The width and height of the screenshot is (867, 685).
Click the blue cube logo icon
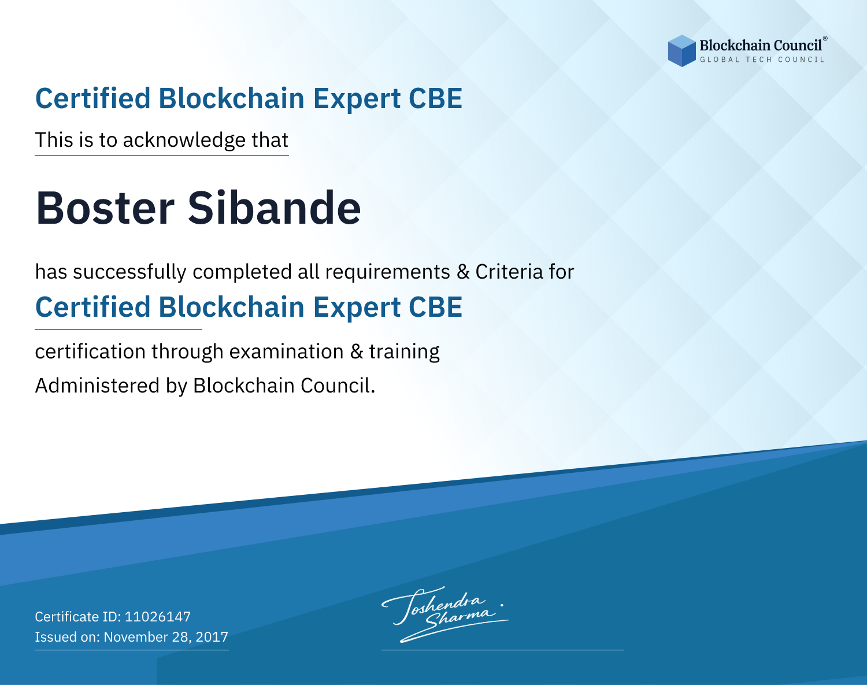point(681,51)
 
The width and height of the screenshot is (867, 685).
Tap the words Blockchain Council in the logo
point(761,46)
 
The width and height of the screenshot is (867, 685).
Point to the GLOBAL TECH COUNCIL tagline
point(762,60)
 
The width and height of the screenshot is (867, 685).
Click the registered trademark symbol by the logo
point(825,38)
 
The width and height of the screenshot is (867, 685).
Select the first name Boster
point(105,208)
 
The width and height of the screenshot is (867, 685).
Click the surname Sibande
point(274,208)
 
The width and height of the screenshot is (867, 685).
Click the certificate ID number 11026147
point(158,616)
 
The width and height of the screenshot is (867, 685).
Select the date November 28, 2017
point(166,636)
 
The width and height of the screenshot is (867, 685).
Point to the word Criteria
point(509,272)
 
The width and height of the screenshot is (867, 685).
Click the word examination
point(287,351)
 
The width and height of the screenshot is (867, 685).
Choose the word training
point(404,352)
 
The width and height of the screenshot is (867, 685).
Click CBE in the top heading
point(435,98)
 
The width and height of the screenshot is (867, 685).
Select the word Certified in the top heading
point(92,98)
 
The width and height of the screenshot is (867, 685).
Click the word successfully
point(129,272)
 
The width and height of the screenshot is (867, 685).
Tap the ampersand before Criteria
point(463,272)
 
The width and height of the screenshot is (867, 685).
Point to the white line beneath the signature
point(502,650)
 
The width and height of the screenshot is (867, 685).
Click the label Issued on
point(67,636)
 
